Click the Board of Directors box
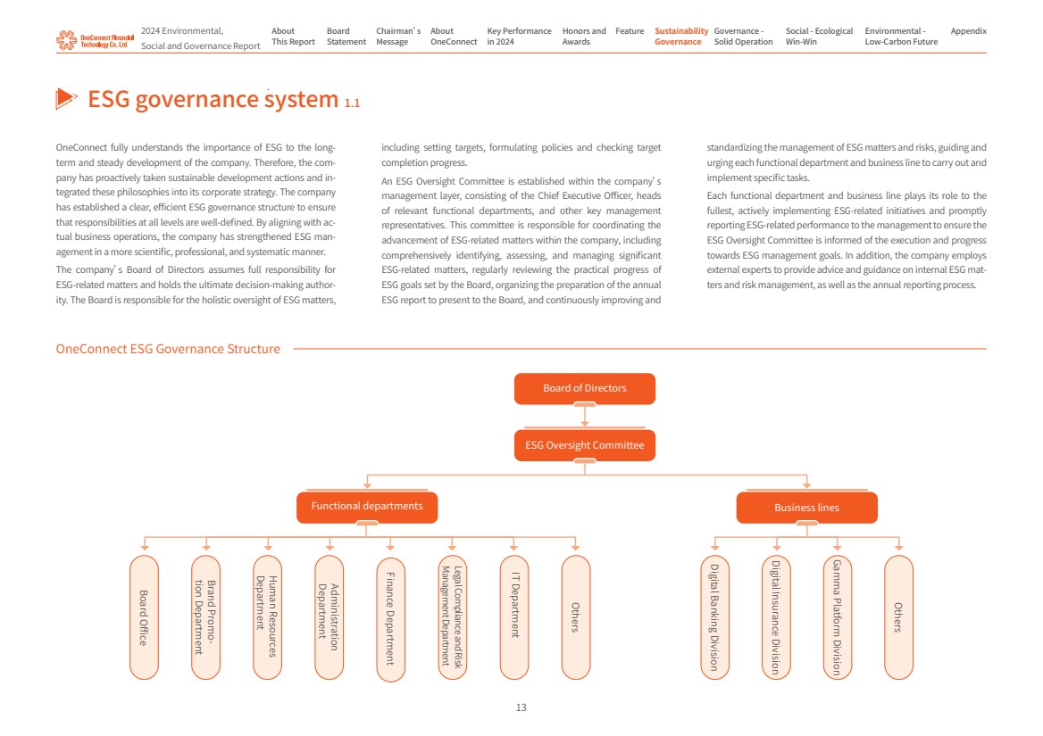(584, 388)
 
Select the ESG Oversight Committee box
(584, 445)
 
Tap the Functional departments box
(366, 507)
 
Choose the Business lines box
(806, 508)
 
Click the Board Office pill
(144, 616)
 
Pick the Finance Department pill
(390, 619)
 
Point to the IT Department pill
(513, 616)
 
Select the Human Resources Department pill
(267, 616)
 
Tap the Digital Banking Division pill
(714, 616)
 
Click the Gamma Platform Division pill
(837, 616)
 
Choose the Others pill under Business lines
(898, 616)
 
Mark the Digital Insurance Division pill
(776, 616)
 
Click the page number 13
(521, 707)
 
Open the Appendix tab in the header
(968, 31)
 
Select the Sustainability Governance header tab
(680, 37)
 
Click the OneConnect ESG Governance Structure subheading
(168, 349)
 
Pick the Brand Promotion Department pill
(205, 616)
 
